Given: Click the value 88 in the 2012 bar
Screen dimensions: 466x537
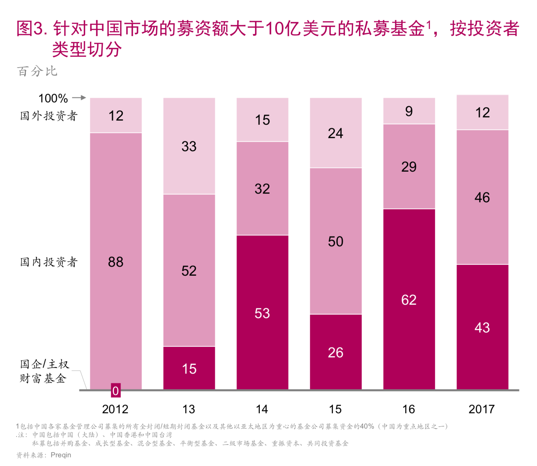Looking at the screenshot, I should point(116,262).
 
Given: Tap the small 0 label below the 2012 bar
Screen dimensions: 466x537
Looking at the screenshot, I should point(116,391).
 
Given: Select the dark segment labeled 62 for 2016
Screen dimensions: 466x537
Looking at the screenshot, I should point(409,299).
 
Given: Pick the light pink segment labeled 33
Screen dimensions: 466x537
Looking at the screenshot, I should point(189,146).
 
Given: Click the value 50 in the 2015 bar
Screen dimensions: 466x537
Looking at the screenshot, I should point(336,241).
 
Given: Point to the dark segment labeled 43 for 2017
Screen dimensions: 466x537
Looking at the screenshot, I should point(482,327).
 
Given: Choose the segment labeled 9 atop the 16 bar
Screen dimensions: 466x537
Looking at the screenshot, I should point(409,111).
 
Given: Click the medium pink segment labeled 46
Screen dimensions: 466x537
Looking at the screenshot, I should point(482,197).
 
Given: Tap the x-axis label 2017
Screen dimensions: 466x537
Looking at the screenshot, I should point(481,409).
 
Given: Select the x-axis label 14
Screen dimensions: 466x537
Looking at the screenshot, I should point(262,409).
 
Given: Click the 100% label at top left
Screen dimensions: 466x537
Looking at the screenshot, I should point(53,98).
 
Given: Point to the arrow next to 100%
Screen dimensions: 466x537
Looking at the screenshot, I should point(79,98).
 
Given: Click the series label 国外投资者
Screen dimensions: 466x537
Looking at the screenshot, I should point(49,116).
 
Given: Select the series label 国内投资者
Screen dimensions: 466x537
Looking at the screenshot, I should point(49,262).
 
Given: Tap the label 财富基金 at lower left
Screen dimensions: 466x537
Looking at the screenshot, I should point(43,379).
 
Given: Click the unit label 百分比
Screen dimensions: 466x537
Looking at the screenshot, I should point(37,71).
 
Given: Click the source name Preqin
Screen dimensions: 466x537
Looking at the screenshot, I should point(61,455).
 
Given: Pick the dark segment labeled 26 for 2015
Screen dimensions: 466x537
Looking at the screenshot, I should point(336,352).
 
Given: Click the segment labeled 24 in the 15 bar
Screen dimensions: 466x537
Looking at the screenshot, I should point(336,133).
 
